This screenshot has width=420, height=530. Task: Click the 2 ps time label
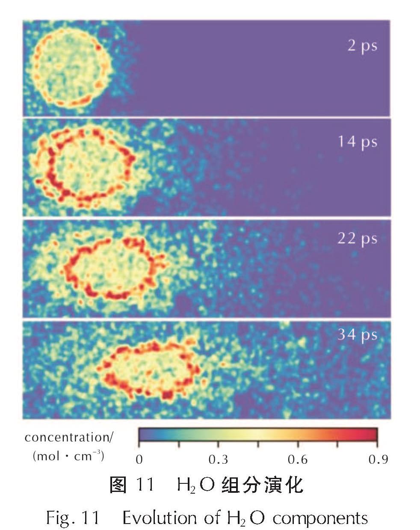pyautogui.click(x=362, y=46)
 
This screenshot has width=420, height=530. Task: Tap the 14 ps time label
pyautogui.click(x=358, y=142)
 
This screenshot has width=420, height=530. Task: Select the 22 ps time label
pyautogui.click(x=357, y=239)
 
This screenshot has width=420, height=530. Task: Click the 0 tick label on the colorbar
pyautogui.click(x=139, y=459)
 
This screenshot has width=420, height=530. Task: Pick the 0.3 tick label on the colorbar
pyautogui.click(x=218, y=459)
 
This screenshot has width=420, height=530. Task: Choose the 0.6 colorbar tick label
pyautogui.click(x=298, y=459)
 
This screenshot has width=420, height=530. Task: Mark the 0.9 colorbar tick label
pyautogui.click(x=378, y=459)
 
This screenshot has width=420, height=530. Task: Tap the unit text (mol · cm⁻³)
pyautogui.click(x=68, y=456)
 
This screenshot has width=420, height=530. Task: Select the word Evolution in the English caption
pyautogui.click(x=160, y=518)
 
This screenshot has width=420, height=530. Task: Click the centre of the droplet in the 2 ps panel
pyautogui.click(x=71, y=68)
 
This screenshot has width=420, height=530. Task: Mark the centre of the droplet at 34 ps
pyautogui.click(x=148, y=370)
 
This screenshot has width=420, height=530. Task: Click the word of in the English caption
pyautogui.click(x=212, y=518)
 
